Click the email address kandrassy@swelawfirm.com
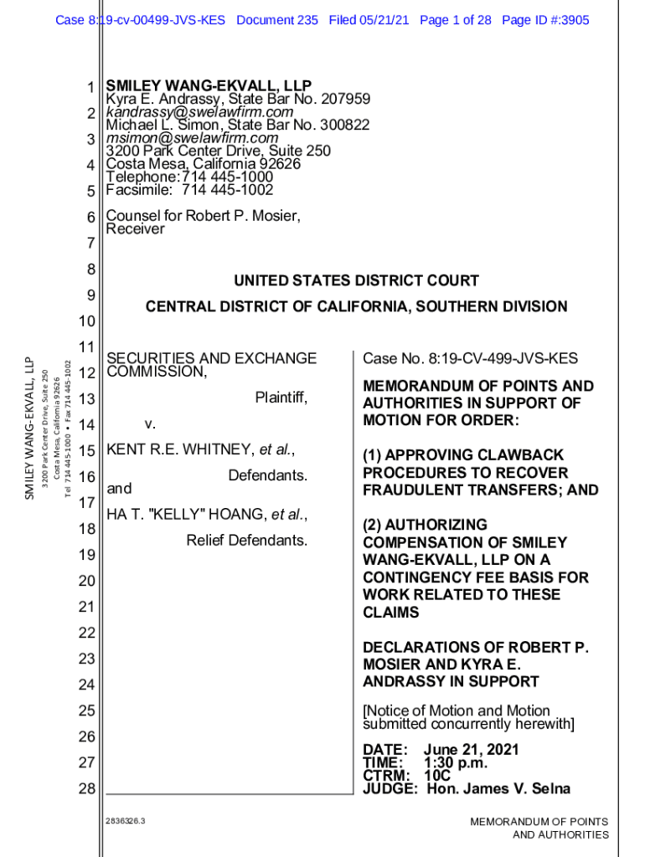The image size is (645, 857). tap(199, 112)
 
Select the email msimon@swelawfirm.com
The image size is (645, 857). tap(192, 137)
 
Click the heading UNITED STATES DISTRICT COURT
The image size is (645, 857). tap(356, 280)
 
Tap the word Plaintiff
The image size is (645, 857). tap(281, 398)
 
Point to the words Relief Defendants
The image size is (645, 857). tap(247, 540)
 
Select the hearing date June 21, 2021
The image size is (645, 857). tap(471, 750)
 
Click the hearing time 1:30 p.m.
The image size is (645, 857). tap(456, 762)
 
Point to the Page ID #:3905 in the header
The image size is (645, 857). tap(545, 19)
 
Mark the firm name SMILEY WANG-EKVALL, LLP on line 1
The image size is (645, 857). tap(209, 86)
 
